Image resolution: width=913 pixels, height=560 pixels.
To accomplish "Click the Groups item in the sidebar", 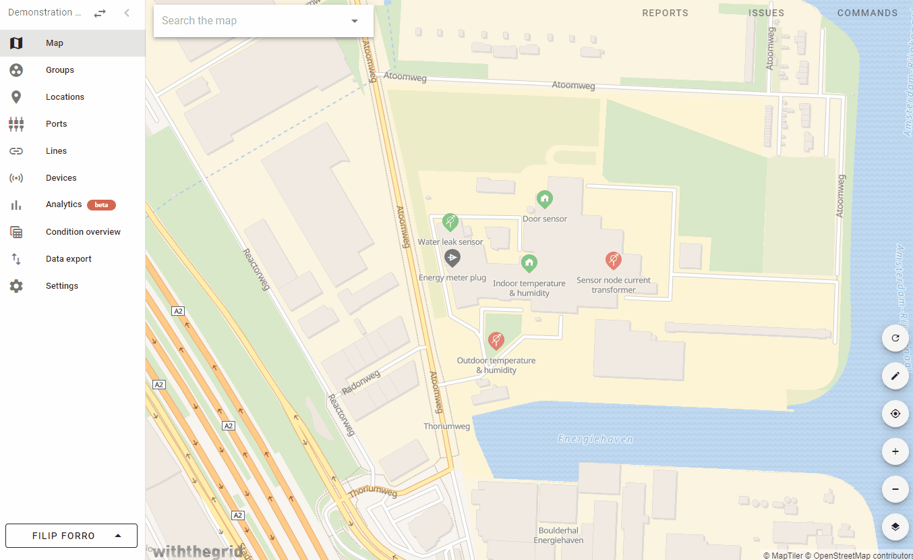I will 59,70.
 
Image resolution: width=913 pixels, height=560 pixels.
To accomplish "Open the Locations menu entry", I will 65,97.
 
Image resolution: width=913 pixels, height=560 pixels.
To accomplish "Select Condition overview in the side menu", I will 83,232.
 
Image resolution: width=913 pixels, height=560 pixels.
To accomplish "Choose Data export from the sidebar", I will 68,259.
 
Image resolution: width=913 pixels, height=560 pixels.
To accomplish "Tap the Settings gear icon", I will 16,286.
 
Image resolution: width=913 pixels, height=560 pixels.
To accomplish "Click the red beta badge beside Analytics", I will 101,205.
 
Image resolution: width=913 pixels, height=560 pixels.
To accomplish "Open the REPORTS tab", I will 665,13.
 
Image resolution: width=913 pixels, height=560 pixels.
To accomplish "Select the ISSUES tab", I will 766,13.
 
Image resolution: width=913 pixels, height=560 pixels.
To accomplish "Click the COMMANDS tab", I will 867,13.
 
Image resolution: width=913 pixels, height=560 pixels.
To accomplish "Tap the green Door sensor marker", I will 545,199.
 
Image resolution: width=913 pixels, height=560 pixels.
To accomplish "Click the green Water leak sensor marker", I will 450,221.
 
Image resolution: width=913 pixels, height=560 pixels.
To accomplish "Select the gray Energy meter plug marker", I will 452,258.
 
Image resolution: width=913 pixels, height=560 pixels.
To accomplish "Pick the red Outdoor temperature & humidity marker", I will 496,340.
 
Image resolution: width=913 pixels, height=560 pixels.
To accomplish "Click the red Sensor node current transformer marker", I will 613,260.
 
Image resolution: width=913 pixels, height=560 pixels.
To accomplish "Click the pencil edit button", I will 895,376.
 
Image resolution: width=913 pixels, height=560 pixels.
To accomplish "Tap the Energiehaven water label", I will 595,439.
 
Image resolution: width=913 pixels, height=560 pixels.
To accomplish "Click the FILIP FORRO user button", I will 71,536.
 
